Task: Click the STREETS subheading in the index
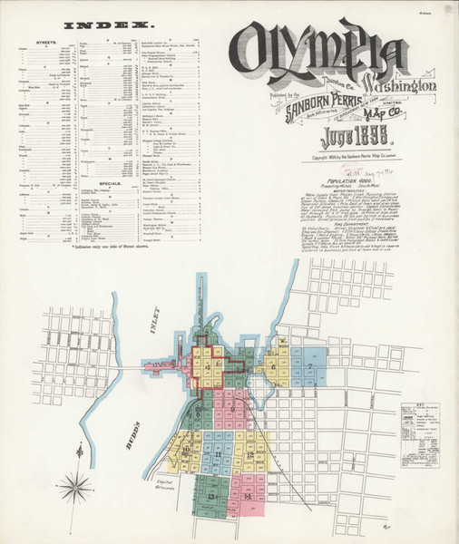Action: click(43, 41)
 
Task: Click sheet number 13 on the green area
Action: click(210, 498)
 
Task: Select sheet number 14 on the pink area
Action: click(247, 497)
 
